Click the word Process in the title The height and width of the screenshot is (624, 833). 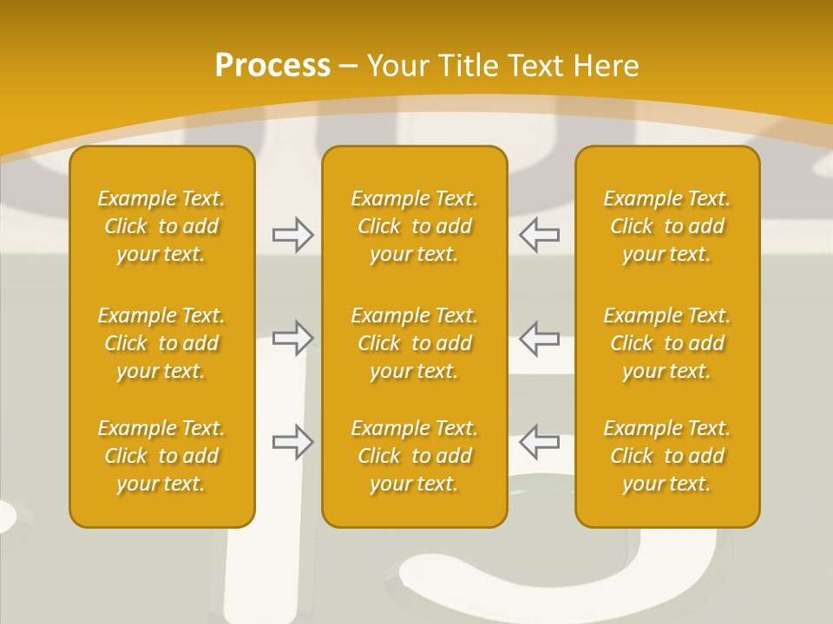[273, 66]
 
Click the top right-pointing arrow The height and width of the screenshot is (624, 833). [293, 235]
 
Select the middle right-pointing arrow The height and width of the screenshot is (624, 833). [293, 338]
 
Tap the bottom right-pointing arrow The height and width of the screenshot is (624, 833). [293, 441]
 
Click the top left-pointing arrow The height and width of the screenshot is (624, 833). [539, 235]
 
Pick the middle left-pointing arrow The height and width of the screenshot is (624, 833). [539, 338]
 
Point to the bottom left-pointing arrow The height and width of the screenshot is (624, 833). [539, 441]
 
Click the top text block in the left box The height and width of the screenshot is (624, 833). [161, 226]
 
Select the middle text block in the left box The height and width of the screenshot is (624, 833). [161, 343]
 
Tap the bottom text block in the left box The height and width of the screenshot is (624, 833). [161, 456]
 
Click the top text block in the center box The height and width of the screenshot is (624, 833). [415, 226]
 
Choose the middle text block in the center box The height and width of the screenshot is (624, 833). [415, 343]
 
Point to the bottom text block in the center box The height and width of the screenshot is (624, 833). [415, 456]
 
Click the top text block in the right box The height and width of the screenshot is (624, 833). [667, 226]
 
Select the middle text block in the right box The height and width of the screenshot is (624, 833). [667, 343]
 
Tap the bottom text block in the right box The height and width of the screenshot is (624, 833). [667, 456]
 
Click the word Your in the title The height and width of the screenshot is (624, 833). [398, 66]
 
